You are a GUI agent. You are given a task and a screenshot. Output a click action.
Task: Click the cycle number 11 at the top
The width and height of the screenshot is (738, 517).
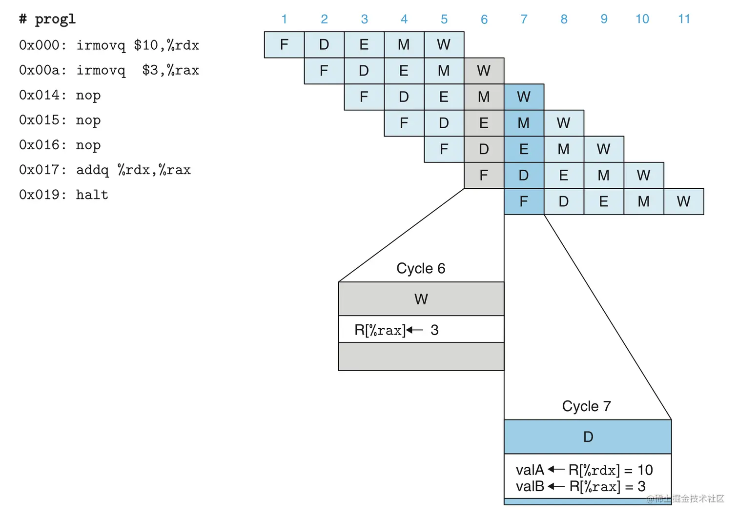[684, 19]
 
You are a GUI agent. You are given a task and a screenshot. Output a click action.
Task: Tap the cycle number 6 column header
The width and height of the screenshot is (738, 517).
[484, 20]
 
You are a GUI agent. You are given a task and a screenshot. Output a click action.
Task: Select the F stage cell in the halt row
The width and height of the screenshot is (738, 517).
[524, 201]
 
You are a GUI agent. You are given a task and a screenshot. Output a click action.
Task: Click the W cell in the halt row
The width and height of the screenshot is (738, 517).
[683, 201]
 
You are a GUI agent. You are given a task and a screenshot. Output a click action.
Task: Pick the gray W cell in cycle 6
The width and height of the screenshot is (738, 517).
[484, 71]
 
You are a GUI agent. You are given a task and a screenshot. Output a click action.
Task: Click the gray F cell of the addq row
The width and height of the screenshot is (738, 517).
[484, 175]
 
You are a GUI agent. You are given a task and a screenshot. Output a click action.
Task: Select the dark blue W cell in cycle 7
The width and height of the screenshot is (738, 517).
[524, 97]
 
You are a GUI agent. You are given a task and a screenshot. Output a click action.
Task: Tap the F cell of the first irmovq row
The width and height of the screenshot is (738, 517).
[284, 45]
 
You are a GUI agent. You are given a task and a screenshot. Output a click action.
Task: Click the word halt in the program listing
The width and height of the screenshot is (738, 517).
[92, 195]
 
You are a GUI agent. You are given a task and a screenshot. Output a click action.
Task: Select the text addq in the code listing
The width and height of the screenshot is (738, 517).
[92, 170]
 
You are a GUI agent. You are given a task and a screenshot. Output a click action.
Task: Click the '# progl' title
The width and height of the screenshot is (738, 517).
[47, 19]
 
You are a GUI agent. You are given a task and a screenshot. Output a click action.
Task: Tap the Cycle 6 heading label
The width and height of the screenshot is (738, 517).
[421, 268]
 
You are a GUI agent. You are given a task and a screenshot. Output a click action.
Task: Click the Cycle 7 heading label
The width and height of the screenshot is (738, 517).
[586, 406]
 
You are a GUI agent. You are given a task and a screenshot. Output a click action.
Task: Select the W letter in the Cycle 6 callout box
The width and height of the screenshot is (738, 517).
[421, 299]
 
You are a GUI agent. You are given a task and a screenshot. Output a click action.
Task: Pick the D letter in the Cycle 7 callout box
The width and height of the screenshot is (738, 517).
[588, 437]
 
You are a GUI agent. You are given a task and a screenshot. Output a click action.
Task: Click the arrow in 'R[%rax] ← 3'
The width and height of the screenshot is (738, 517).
[414, 330]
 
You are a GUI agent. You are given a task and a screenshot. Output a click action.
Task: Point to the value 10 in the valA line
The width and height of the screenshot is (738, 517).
[645, 470]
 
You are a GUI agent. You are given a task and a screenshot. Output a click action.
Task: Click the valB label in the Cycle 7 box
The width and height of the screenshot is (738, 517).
[530, 486]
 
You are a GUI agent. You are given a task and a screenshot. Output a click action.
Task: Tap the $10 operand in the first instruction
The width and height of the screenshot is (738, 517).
[146, 45]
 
